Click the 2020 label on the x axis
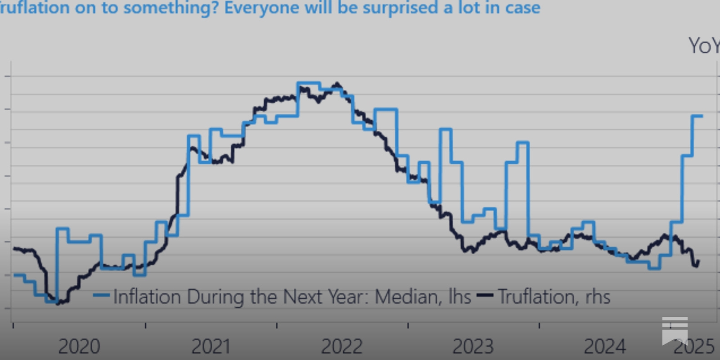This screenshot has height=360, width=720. (x=79, y=346)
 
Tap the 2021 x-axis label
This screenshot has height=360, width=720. (x=211, y=346)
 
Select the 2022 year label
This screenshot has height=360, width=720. (x=342, y=346)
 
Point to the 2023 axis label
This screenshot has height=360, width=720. (x=473, y=346)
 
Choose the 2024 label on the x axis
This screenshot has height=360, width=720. (x=604, y=346)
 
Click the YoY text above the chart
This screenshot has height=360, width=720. (x=703, y=46)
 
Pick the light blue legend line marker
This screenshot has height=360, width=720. (x=101, y=296)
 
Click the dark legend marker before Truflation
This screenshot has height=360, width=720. (x=485, y=296)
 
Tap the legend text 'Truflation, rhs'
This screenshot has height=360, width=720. (x=554, y=297)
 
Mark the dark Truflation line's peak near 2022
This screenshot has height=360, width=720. (x=337, y=84)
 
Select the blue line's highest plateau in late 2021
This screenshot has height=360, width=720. (x=308, y=83)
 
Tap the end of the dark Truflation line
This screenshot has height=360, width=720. (x=698, y=261)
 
